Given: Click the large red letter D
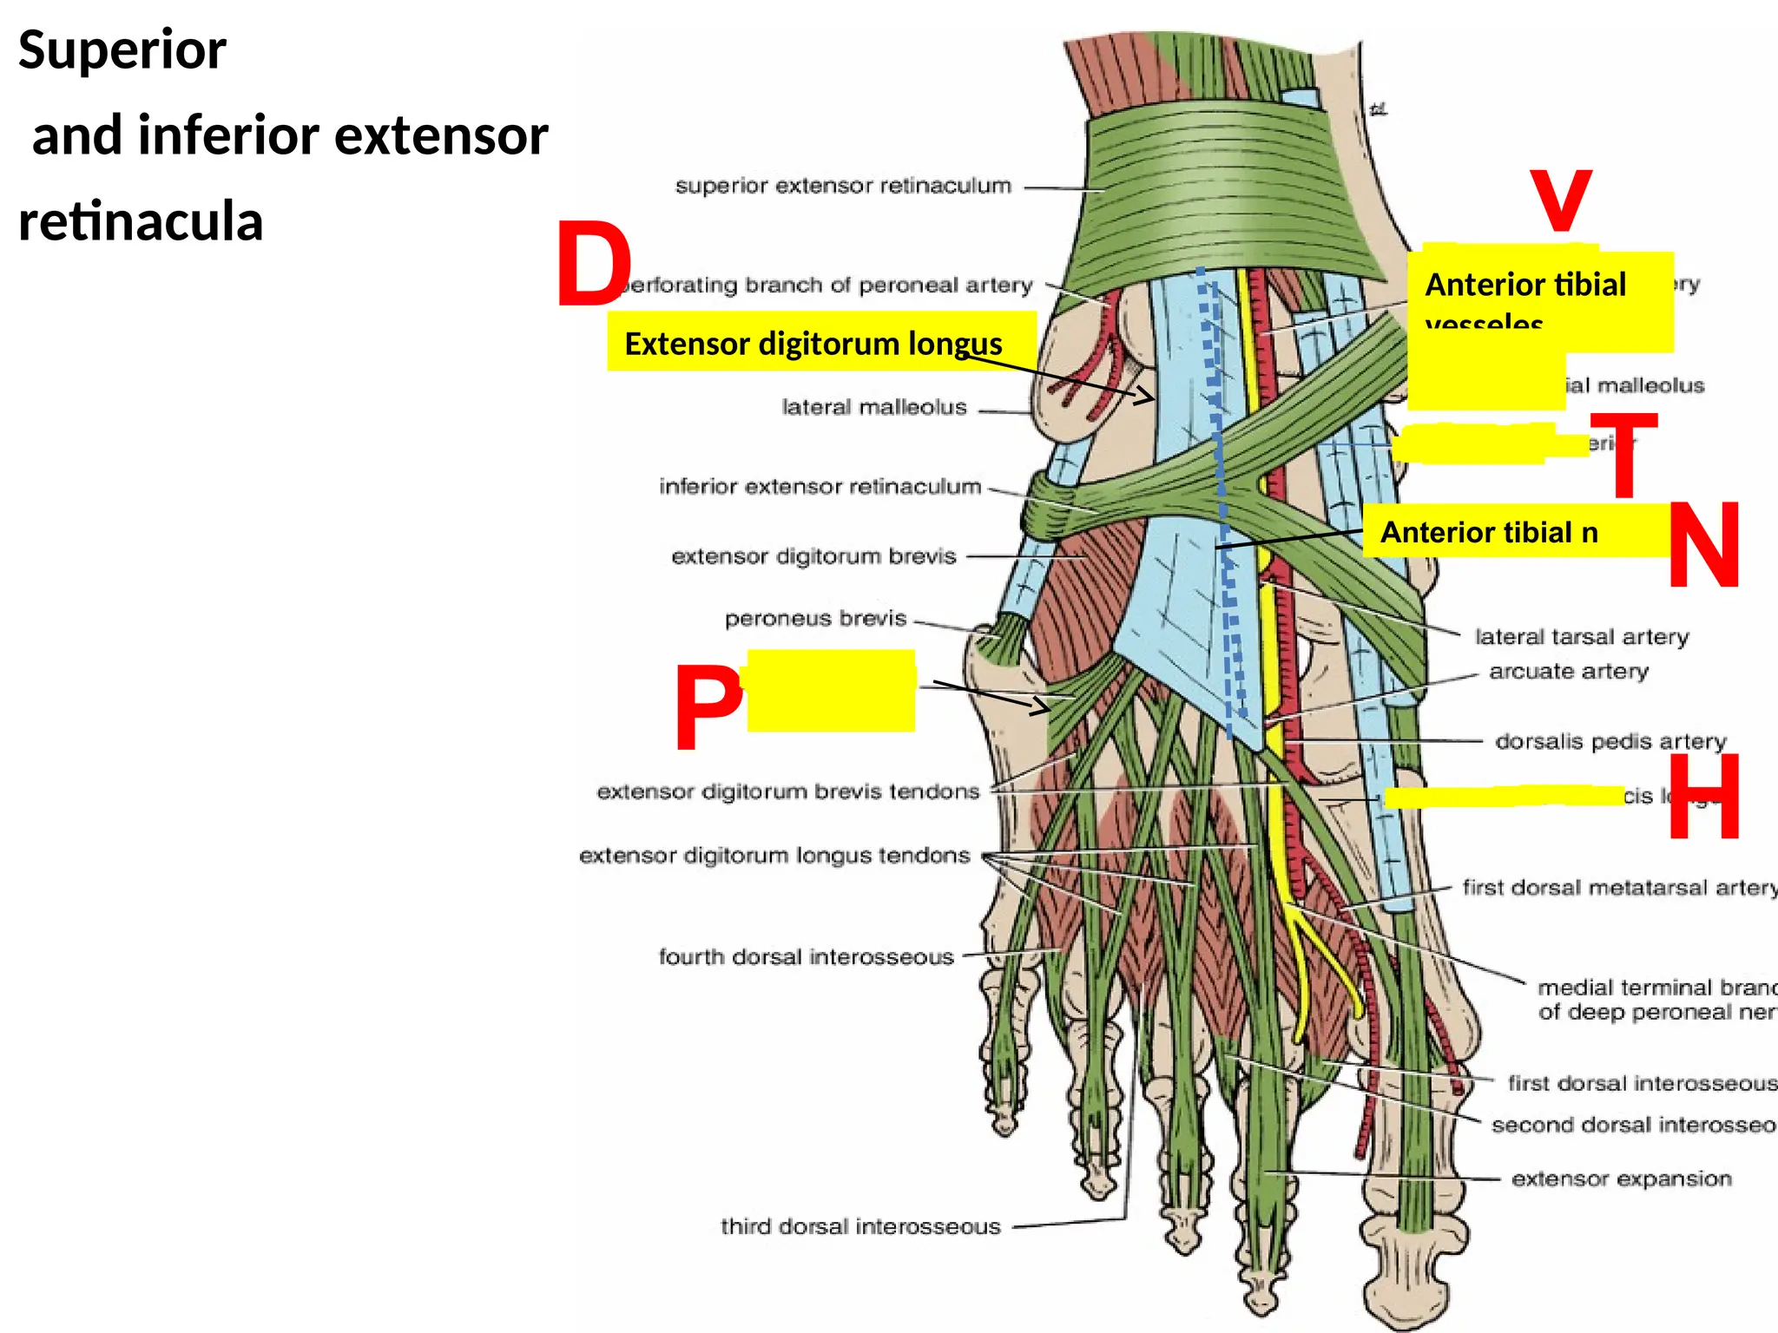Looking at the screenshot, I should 594,266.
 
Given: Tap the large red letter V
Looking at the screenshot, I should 1560,200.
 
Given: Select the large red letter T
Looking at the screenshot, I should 1623,456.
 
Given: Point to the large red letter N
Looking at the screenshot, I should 1703,545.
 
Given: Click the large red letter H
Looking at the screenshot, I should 1703,797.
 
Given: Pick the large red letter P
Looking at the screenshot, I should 708,707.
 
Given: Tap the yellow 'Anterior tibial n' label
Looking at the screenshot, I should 1489,532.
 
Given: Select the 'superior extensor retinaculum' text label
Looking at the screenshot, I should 843,186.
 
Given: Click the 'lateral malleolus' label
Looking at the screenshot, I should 873,407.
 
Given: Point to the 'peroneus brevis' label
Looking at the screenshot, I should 815,619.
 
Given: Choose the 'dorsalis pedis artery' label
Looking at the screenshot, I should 1610,741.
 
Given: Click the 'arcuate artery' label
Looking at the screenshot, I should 1568,672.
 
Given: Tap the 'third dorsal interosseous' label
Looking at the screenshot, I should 860,1226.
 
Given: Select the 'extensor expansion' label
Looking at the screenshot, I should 1621,1179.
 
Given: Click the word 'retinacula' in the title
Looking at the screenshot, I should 141,221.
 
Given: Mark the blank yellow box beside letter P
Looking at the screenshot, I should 831,691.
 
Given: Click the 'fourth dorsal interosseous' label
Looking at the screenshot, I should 806,957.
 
